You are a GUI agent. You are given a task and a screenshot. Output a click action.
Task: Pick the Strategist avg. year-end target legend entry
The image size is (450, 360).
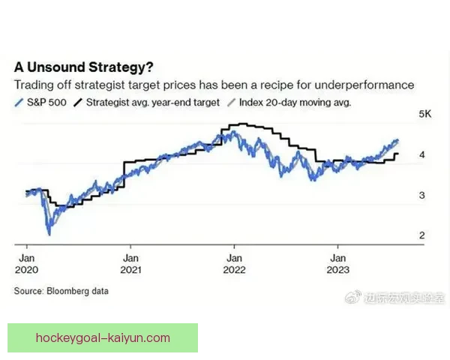(x=151, y=102)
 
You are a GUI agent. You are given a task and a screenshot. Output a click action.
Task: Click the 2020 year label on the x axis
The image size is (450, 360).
(x=25, y=268)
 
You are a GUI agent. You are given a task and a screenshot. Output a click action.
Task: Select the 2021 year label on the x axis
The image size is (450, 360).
(x=130, y=268)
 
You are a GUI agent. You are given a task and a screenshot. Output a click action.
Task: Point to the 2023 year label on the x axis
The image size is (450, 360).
(x=337, y=268)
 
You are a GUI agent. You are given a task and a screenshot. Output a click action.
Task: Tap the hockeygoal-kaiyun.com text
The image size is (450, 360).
(x=103, y=337)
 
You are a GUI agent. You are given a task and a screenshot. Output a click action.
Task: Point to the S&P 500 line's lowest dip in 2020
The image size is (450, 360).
(x=49, y=233)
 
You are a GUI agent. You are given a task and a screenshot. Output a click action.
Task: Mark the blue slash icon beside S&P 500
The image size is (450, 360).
(x=18, y=102)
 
